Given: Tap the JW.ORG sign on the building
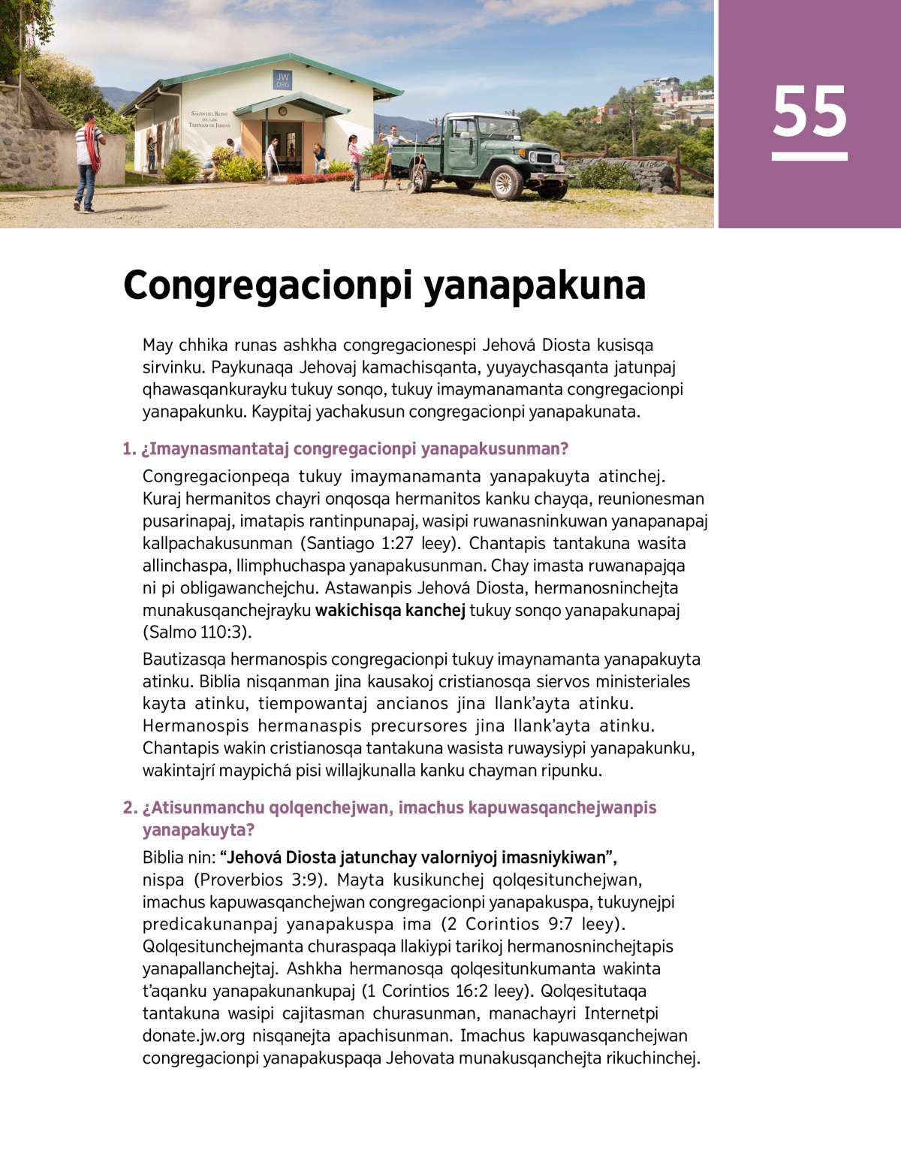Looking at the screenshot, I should pyautogui.click(x=282, y=80).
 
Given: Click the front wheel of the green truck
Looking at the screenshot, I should pyautogui.click(x=506, y=181).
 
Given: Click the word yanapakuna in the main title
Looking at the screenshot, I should pyautogui.click(x=534, y=285).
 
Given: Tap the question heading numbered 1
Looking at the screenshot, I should pyautogui.click(x=345, y=449).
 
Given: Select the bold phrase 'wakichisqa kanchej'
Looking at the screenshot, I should pyautogui.click(x=390, y=610).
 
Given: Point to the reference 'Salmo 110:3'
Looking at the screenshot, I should pyautogui.click(x=197, y=632).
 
